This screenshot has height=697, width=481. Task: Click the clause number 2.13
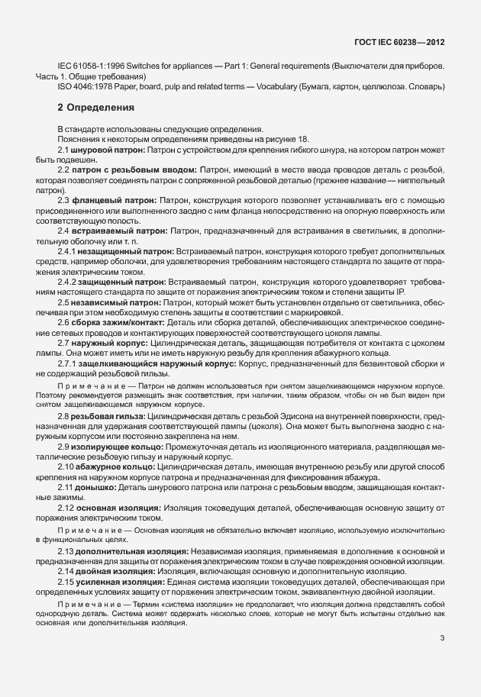(66, 550)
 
